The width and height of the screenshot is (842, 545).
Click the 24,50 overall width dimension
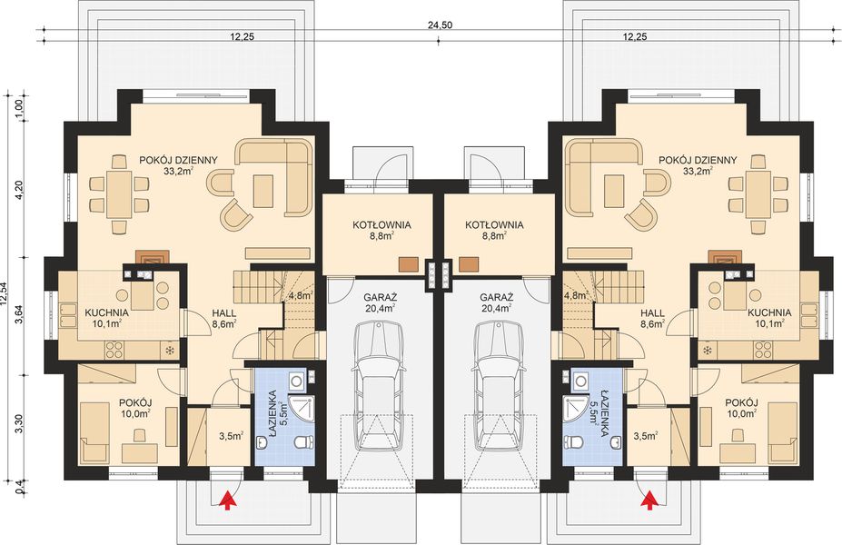tap(441, 25)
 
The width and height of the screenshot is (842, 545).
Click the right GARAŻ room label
tap(496, 297)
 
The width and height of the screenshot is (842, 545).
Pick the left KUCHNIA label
tap(107, 312)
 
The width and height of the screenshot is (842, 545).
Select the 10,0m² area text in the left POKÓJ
tap(135, 413)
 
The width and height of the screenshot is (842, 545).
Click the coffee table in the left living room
tap(265, 192)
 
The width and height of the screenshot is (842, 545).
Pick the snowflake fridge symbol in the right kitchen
tap(706, 350)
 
